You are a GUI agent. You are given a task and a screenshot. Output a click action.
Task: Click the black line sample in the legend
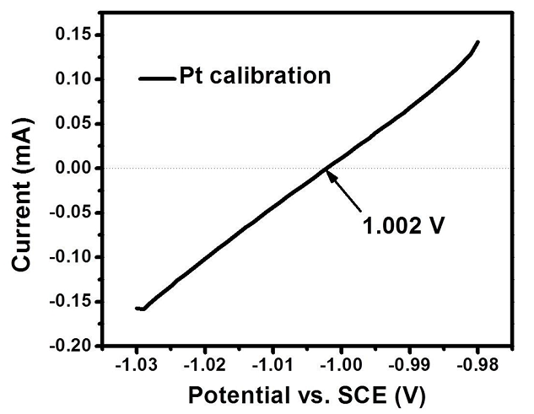[156, 78]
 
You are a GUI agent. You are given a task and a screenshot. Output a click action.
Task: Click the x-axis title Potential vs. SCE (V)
[307, 394]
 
